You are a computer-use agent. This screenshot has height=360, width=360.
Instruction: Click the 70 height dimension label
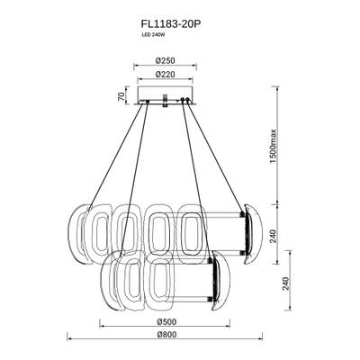click(120, 96)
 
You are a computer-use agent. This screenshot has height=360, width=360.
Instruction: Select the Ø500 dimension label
click(163, 319)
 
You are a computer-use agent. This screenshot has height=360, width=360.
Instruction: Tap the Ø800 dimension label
click(163, 337)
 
